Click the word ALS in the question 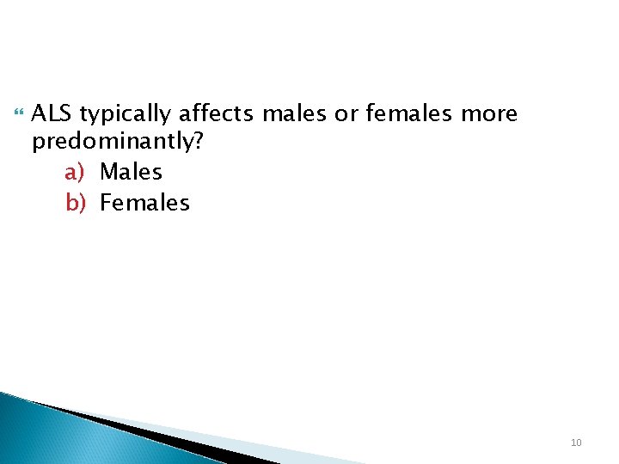point(52,113)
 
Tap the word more point(490,114)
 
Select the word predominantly point(113,143)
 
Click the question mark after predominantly point(199,142)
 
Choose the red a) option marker point(75,173)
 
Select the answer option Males point(131,172)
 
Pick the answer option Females point(144,203)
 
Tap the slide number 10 point(576,443)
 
